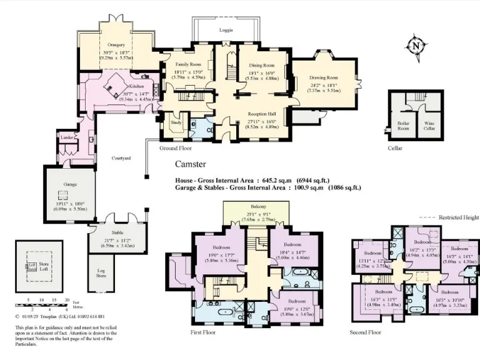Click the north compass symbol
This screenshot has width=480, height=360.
(416, 46)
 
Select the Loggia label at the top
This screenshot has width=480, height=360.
(226, 30)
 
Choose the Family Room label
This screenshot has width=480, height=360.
(187, 65)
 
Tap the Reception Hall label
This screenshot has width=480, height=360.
(262, 113)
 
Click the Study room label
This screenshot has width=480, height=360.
(176, 122)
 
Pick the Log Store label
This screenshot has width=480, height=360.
(102, 274)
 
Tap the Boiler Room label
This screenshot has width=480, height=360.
(403, 125)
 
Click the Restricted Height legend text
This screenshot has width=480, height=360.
(458, 217)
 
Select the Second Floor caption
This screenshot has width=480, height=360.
(365, 332)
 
